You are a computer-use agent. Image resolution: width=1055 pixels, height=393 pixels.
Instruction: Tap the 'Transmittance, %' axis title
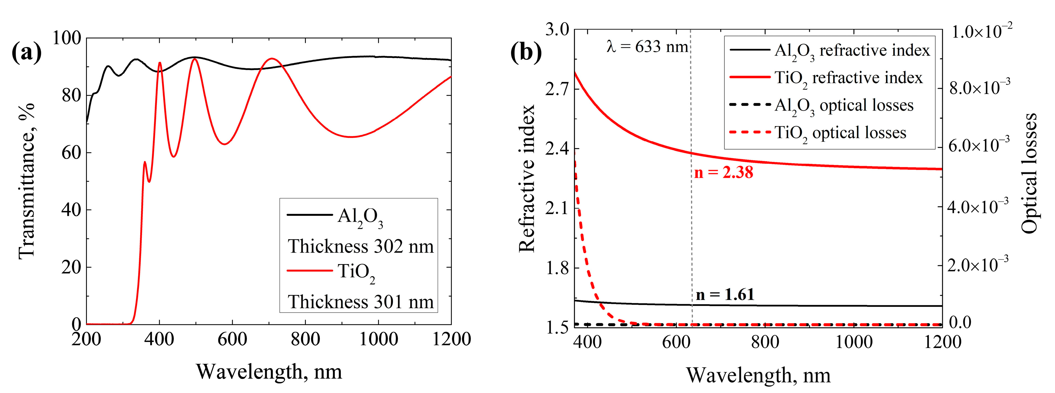[x=27, y=181]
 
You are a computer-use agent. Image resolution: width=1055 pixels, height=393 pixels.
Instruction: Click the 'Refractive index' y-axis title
[x=527, y=179]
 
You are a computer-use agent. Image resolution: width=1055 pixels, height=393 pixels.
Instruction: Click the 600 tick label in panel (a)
[x=232, y=339]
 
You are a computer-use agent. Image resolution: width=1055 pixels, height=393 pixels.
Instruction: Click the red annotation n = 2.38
[x=723, y=172]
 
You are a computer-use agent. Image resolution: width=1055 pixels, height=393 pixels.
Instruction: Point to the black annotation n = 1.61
[x=725, y=294]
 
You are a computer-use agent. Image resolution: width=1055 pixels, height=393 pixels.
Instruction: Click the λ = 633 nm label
[x=647, y=47]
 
